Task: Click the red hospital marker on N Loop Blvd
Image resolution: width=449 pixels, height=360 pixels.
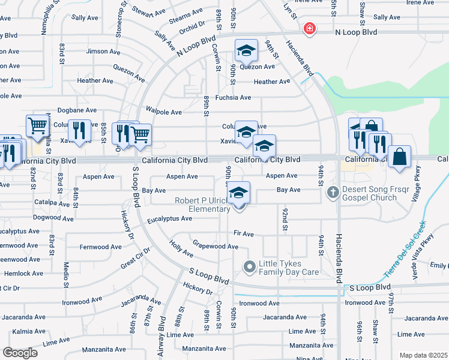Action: pos(309,29)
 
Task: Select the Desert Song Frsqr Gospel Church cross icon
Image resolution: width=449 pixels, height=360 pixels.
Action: pos(333,193)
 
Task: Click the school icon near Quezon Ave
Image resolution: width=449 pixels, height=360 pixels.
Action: pos(246,51)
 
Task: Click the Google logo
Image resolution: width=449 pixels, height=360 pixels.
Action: pos(20,353)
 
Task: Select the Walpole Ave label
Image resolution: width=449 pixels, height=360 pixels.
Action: pos(164,112)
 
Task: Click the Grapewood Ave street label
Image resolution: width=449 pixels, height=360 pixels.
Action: pos(215,245)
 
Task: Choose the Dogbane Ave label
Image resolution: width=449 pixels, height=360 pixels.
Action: pos(77,110)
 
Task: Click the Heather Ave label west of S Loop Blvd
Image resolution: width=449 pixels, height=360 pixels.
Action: pos(95,80)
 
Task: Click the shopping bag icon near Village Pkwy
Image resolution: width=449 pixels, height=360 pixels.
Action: pos(399,158)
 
